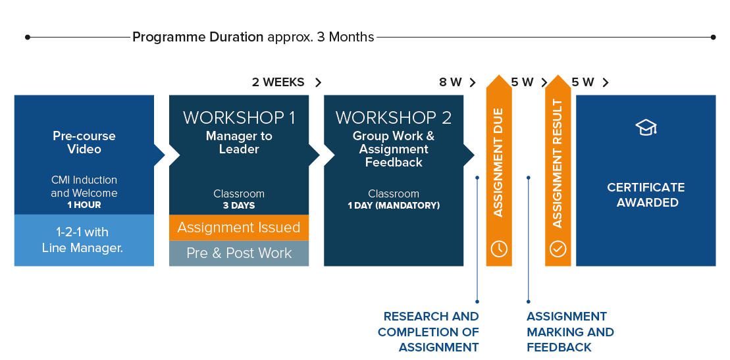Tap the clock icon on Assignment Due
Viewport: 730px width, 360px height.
click(x=499, y=249)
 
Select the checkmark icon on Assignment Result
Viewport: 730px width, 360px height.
click(x=558, y=249)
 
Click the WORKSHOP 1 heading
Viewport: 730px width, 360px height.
click(x=239, y=118)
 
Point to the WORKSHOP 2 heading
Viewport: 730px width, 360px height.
click(x=394, y=118)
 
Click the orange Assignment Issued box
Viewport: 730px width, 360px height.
click(x=239, y=228)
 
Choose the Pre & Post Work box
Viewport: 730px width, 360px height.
click(x=239, y=253)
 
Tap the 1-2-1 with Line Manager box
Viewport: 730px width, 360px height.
click(x=84, y=240)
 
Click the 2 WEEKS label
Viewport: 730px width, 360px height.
click(x=278, y=82)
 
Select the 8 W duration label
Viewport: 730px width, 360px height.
click(x=451, y=82)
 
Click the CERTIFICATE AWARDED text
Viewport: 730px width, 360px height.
click(x=646, y=195)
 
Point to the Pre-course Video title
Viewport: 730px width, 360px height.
click(x=84, y=143)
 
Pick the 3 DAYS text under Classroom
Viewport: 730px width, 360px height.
click(x=239, y=206)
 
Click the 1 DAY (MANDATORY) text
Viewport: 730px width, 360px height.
click(x=394, y=206)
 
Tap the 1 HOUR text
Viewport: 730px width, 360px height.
click(x=84, y=205)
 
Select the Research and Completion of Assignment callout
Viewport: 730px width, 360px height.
click(x=429, y=332)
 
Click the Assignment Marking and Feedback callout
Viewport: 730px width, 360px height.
click(x=570, y=332)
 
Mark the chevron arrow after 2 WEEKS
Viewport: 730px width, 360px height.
click(x=319, y=82)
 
